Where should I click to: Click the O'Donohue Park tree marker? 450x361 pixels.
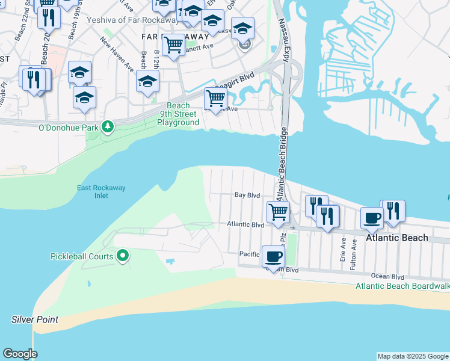coord(108,127)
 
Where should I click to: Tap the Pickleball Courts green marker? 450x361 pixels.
coord(123,256)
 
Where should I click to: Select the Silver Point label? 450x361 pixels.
coord(35,319)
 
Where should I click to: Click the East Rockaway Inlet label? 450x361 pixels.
coord(101,191)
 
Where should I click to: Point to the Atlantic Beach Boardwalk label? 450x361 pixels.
coord(402,286)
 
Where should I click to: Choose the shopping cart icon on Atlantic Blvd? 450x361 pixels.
coord(278,212)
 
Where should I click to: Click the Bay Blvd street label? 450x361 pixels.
coord(247,196)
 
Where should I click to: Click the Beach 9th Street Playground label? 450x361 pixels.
coord(178,114)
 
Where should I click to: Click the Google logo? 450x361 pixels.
coord(20,354)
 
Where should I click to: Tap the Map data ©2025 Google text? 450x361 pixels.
coord(413,356)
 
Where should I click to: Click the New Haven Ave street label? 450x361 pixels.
coord(117,55)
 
